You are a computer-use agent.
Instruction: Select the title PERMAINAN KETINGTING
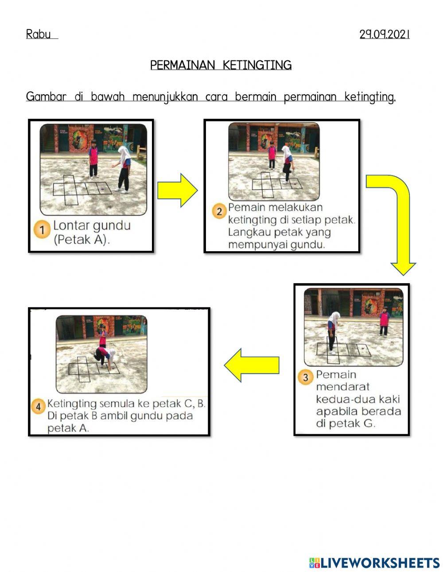(x=221, y=66)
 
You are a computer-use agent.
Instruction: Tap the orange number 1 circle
(x=43, y=230)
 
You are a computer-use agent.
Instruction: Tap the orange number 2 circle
(x=219, y=211)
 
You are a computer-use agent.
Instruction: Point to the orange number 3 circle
(x=305, y=377)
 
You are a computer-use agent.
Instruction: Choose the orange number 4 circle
(x=38, y=406)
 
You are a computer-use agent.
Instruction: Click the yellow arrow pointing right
(x=177, y=190)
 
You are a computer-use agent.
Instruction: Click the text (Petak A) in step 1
(x=82, y=240)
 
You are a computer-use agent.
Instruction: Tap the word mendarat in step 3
(x=342, y=387)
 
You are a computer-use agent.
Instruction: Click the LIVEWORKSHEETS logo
(x=374, y=563)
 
